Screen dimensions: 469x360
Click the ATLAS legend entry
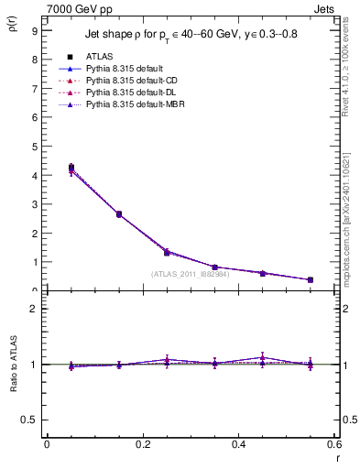pyautogui.click(x=99, y=57)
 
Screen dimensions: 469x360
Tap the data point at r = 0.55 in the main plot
pyautogui.click(x=310, y=279)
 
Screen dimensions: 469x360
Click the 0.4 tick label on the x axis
pyautogui.click(x=237, y=444)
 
